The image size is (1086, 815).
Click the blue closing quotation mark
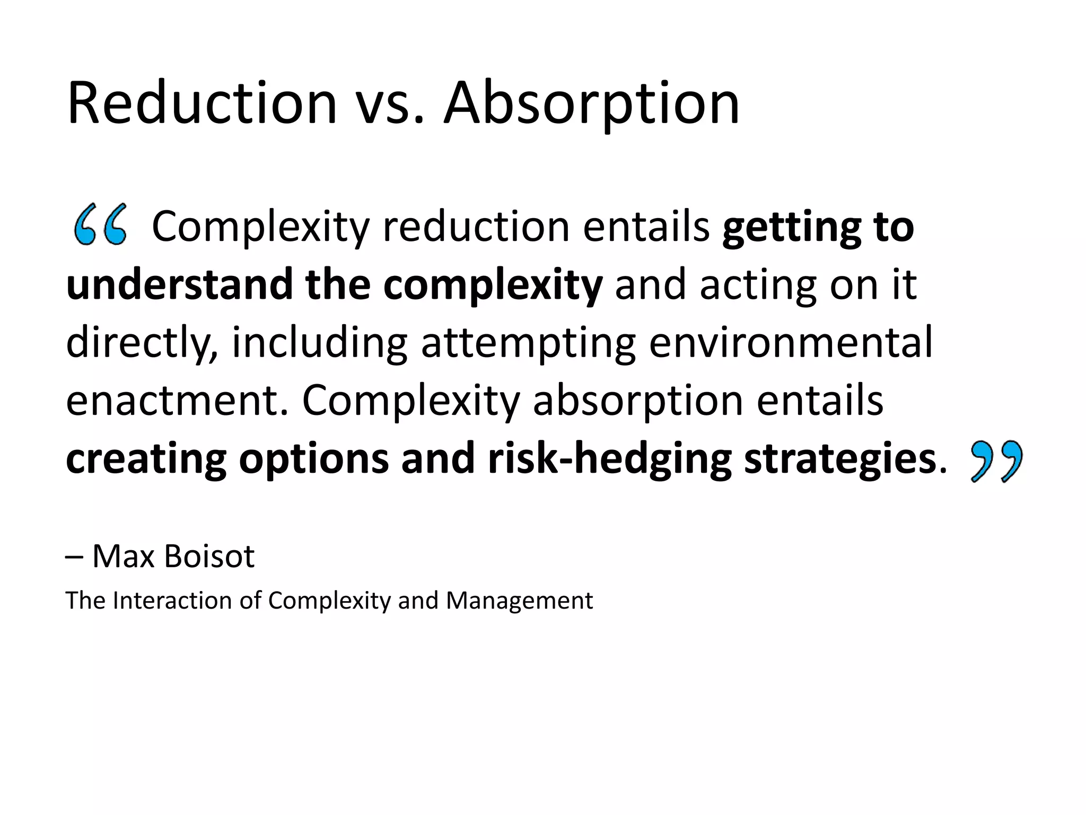[x=996, y=461]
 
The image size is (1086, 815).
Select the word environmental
[x=790, y=342]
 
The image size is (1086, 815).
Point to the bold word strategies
[x=840, y=459]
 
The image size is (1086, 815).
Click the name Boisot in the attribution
[x=209, y=556]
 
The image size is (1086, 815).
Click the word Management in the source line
[x=519, y=601]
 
